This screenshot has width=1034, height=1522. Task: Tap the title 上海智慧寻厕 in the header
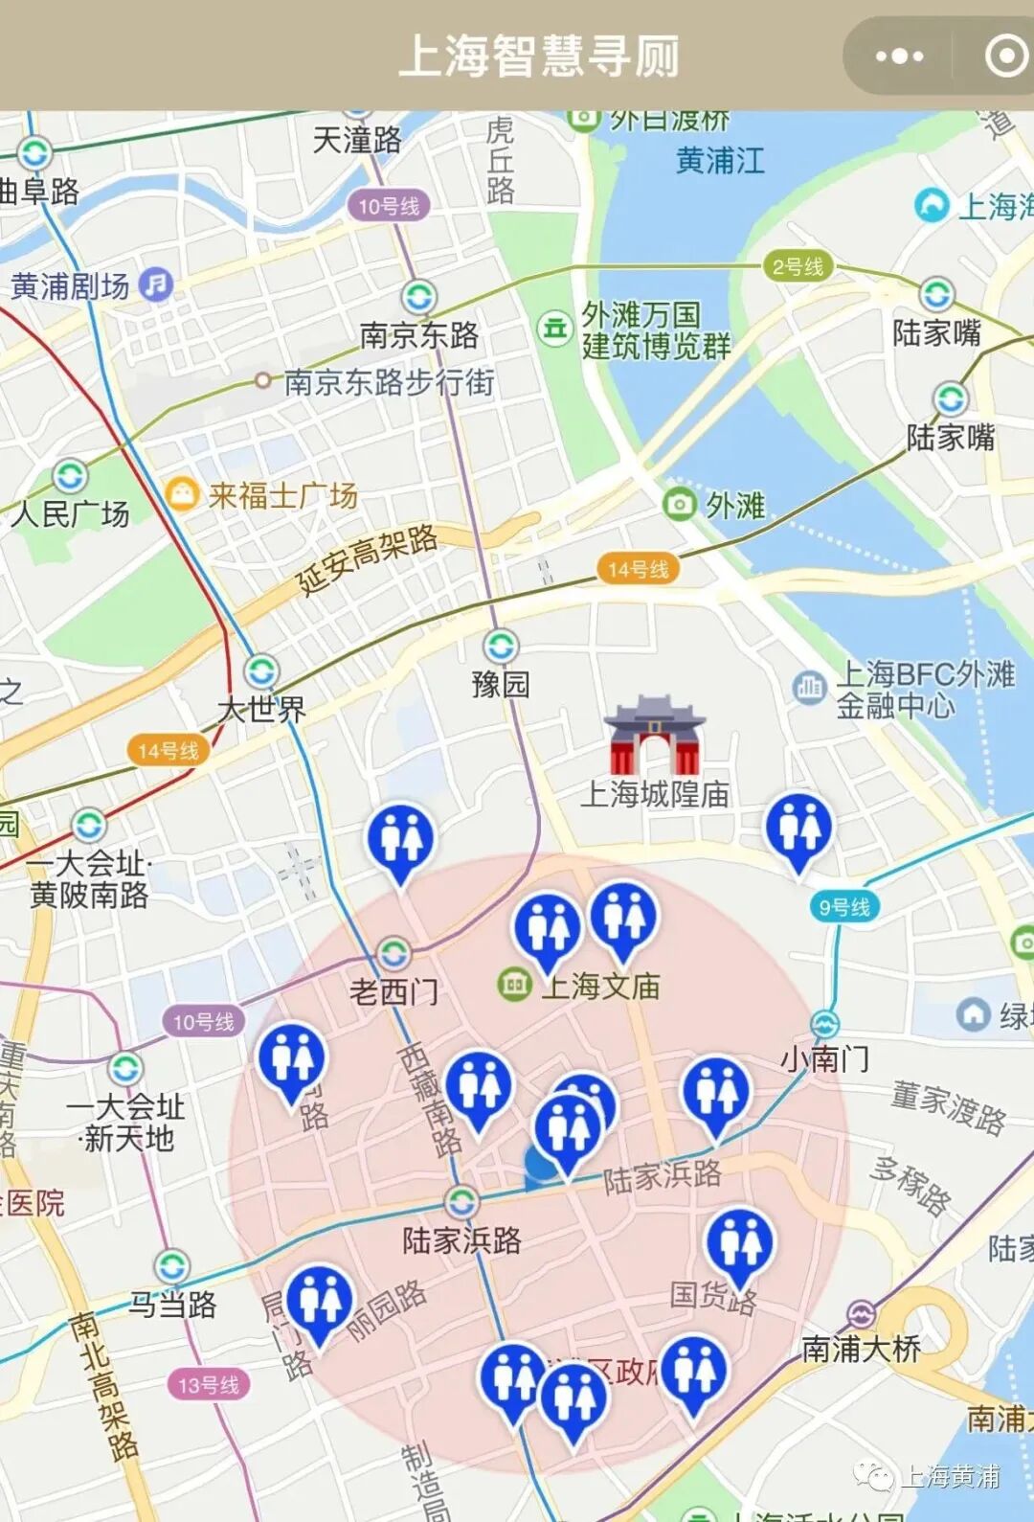539,56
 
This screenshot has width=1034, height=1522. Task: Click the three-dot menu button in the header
898,57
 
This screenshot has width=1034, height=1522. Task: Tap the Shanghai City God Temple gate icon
656,736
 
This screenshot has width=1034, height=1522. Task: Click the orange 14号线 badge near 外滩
638,569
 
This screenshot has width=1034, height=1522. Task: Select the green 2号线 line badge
798,266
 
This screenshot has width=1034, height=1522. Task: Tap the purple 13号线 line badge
209,1384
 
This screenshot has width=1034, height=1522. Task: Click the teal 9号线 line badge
843,906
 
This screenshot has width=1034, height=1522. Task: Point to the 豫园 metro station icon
501,647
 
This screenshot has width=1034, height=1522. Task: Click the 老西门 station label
393,991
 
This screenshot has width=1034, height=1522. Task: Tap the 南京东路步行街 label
389,382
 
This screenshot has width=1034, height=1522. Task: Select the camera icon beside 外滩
679,503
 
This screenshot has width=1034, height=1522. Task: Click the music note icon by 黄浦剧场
156,284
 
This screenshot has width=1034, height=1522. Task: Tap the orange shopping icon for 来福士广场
180,493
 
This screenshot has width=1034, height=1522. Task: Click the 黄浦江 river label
720,160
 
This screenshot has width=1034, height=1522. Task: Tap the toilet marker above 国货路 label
739,1243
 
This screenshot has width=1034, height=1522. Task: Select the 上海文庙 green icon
515,984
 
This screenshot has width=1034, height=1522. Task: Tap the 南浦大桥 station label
861,1349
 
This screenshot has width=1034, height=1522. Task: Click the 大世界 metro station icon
261,671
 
